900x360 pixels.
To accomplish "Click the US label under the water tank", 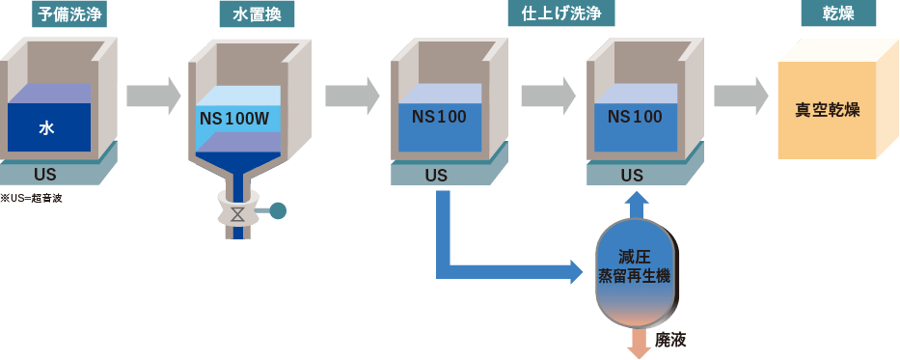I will click(x=45, y=176).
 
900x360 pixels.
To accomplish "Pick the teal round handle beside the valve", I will click(x=278, y=209).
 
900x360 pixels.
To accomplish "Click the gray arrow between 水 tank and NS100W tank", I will click(x=153, y=96).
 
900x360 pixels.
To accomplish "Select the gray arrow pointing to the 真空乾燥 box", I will click(x=741, y=96).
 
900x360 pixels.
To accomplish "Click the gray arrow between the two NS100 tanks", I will click(x=548, y=96).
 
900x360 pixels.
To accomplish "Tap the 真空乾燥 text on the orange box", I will click(x=827, y=110).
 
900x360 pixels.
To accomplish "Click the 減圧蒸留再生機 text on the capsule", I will click(x=634, y=267).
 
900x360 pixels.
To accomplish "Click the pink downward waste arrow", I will click(x=638, y=342).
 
